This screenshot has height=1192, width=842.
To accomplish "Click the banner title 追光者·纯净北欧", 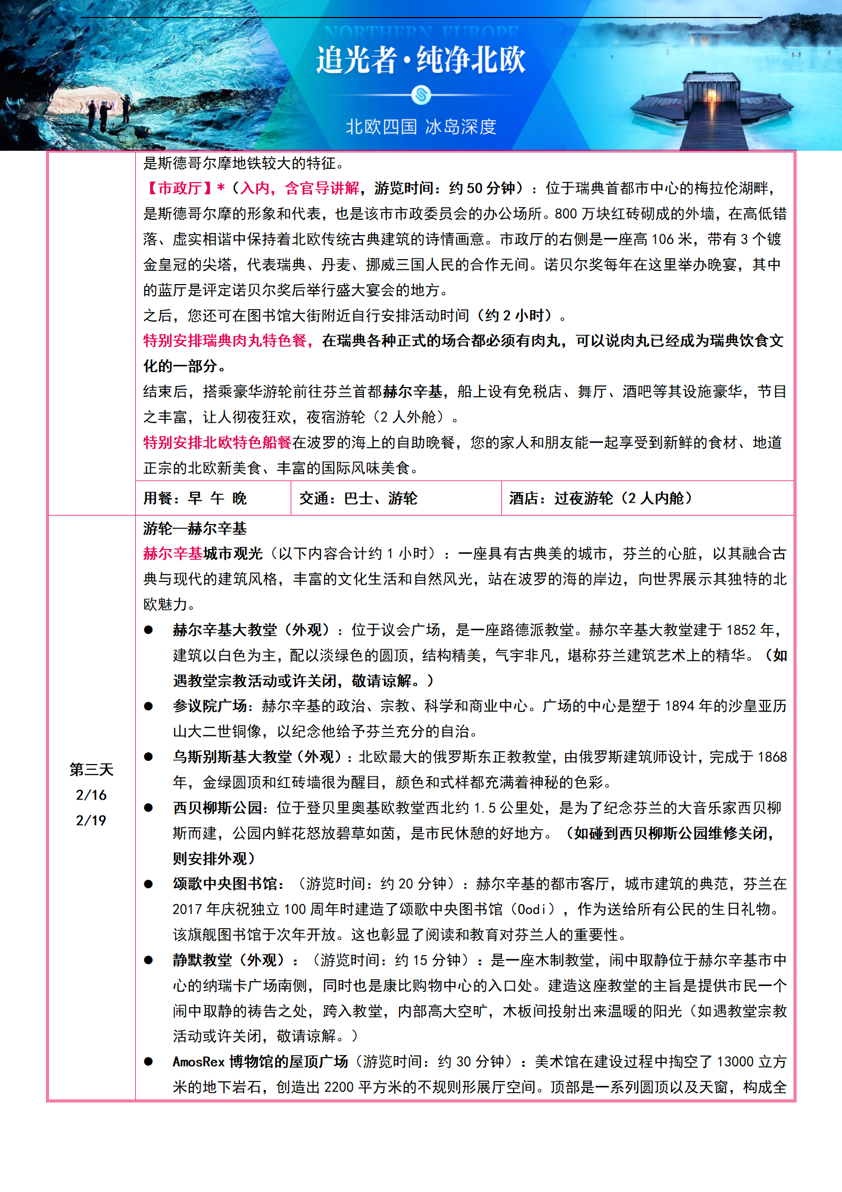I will [x=421, y=60].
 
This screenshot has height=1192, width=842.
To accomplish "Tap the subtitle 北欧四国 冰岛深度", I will [x=421, y=127].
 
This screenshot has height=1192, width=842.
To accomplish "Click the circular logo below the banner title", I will [x=421, y=95].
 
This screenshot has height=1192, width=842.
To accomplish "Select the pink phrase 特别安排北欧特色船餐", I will [x=218, y=442].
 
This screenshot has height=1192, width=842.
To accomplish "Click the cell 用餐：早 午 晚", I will [x=195, y=498].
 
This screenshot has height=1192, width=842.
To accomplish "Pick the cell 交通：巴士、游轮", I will [x=358, y=498].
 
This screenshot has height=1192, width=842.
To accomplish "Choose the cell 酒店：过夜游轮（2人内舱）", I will [x=601, y=498].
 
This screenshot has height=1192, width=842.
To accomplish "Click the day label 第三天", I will [x=91, y=769].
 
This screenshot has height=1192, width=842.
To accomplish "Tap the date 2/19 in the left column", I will [x=91, y=820].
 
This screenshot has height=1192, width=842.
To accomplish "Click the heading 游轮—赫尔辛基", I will [x=195, y=528].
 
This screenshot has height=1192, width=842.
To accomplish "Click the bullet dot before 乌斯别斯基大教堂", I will [x=149, y=757].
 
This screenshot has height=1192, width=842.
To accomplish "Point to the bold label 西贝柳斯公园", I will [x=216, y=808].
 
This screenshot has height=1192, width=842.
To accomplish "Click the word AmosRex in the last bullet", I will [x=198, y=1062].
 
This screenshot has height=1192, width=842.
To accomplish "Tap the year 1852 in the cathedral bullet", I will [x=741, y=630].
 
